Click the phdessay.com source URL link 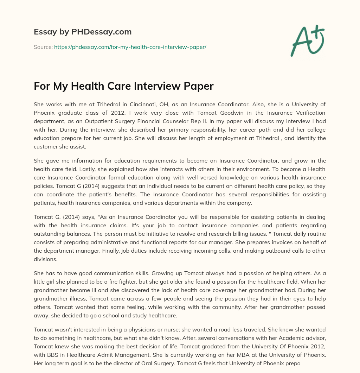[130, 46]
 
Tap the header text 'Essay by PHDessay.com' [83, 32]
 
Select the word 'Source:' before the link [43, 46]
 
